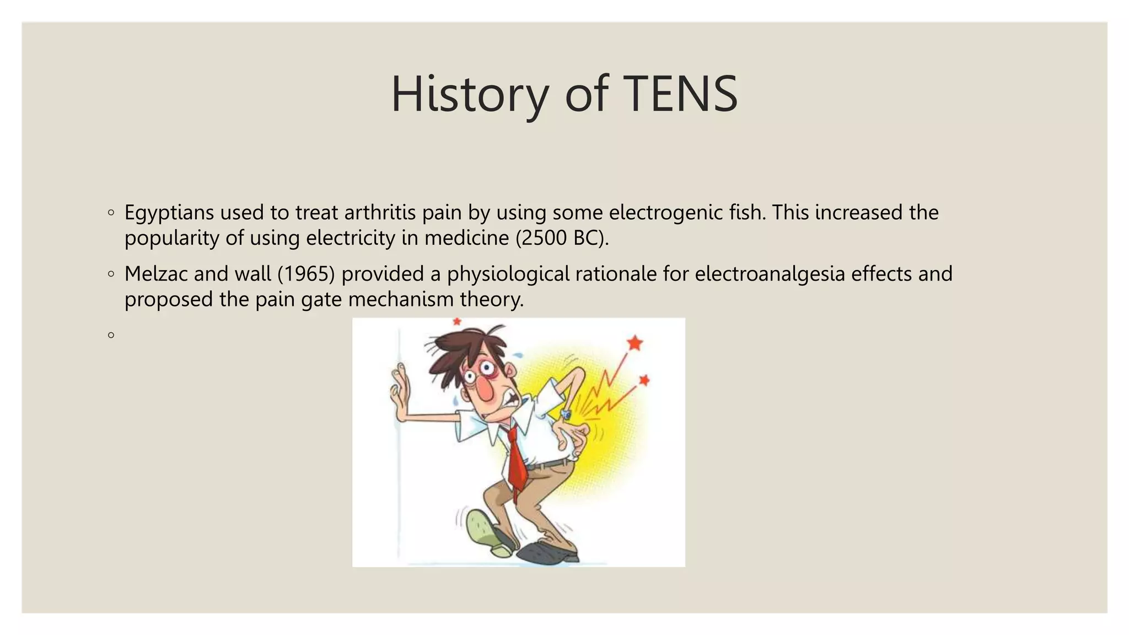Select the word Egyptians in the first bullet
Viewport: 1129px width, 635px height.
[x=169, y=213]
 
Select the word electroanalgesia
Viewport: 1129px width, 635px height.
[x=770, y=274]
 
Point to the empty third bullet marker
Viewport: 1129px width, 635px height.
[x=111, y=335]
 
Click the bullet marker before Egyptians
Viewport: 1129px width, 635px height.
[x=111, y=212]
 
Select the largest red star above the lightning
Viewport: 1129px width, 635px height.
[x=635, y=343]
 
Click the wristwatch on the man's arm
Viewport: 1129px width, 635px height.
[x=566, y=415]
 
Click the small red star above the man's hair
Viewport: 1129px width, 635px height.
[x=456, y=321]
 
